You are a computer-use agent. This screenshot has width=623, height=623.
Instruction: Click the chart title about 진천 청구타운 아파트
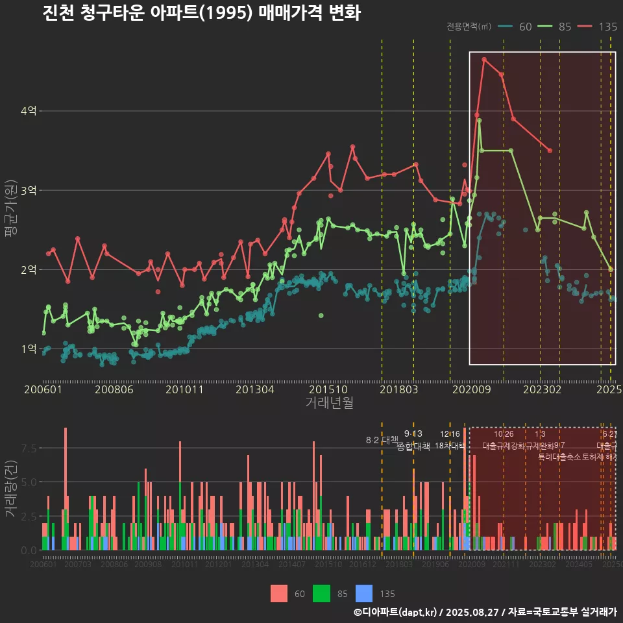[201, 13]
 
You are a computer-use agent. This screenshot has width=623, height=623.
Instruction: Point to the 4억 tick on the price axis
[29, 111]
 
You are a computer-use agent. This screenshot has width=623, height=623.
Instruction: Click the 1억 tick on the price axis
[29, 348]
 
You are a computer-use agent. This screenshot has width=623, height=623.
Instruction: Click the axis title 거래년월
[329, 403]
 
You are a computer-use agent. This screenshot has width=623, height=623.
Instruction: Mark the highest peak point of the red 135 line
[484, 59]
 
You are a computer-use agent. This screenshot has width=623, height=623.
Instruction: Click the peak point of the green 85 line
[479, 120]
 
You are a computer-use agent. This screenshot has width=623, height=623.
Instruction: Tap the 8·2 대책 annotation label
[382, 440]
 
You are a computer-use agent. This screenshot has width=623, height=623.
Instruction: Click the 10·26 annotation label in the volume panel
[504, 434]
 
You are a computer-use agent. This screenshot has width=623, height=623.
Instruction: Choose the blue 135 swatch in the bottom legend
[365, 593]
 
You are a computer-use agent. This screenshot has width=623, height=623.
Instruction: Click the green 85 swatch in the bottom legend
[321, 593]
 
